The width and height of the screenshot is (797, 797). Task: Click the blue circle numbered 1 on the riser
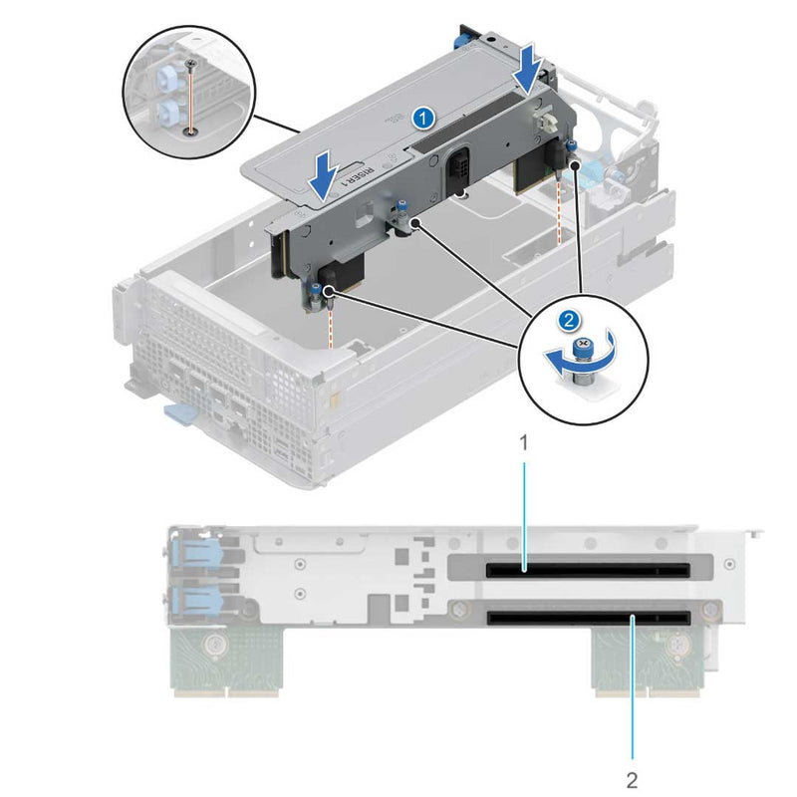423,118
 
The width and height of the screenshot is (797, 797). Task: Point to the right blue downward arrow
527,67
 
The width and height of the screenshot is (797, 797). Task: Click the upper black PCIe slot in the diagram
587,572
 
